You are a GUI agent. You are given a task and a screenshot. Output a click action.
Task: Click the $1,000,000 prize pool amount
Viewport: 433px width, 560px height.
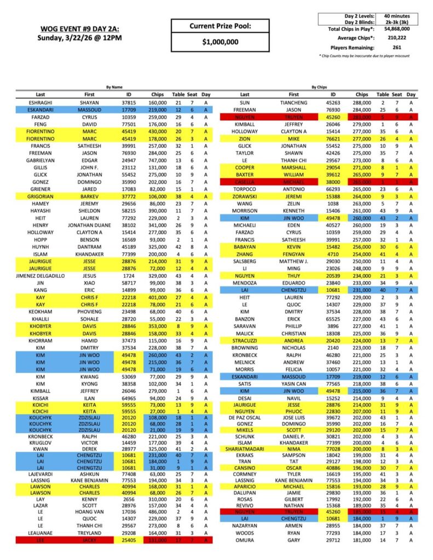point(220,42)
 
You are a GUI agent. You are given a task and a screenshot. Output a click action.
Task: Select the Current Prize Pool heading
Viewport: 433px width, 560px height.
point(220,26)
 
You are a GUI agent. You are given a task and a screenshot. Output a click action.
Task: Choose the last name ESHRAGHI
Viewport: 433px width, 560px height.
point(41,102)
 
